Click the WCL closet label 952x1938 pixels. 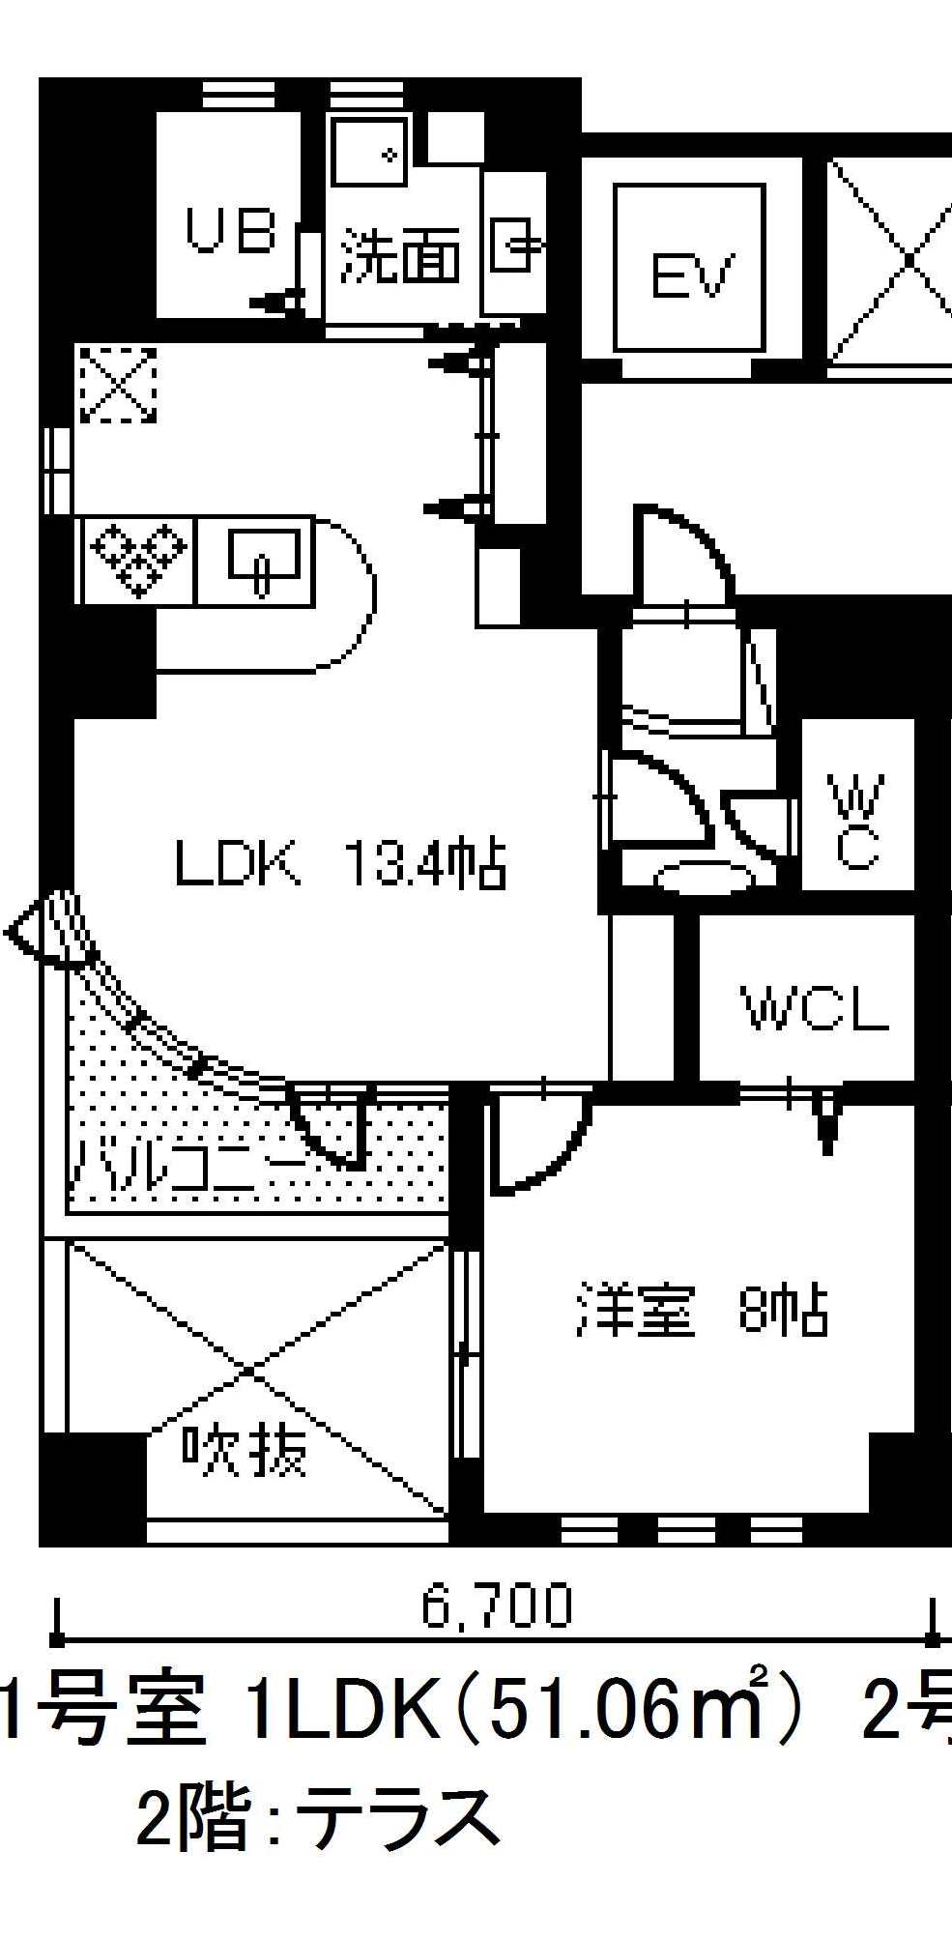pyautogui.click(x=815, y=1008)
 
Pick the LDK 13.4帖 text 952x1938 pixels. pyautogui.click(x=340, y=863)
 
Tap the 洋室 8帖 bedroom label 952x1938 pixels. pyautogui.click(x=702, y=1310)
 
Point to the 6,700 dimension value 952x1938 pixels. pyautogui.click(x=497, y=1605)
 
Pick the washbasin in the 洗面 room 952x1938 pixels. pyautogui.click(x=367, y=152)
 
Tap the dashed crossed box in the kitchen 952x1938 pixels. pyautogui.click(x=118, y=385)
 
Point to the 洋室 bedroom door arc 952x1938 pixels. pyautogui.click(x=536, y=1145)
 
